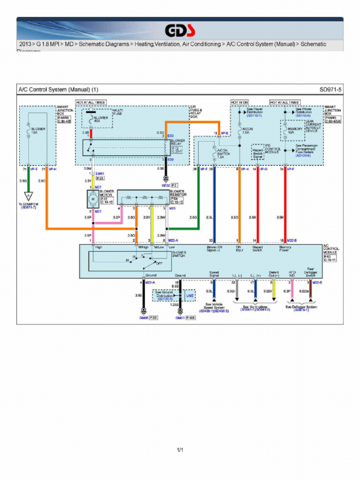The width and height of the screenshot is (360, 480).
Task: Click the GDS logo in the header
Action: pos(180,31)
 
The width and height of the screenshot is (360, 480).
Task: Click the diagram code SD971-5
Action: pos(330,89)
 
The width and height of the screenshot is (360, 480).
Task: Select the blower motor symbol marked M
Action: pos(92,199)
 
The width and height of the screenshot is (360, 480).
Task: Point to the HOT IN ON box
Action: pos(239,102)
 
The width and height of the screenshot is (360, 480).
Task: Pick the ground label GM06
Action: pos(144,318)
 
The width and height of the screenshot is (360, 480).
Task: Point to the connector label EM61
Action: pos(100,173)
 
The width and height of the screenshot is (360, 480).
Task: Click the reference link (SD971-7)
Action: pos(29,207)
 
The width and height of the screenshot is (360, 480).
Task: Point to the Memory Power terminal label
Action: pos(285,248)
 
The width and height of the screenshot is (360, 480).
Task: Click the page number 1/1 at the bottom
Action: pos(180,451)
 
